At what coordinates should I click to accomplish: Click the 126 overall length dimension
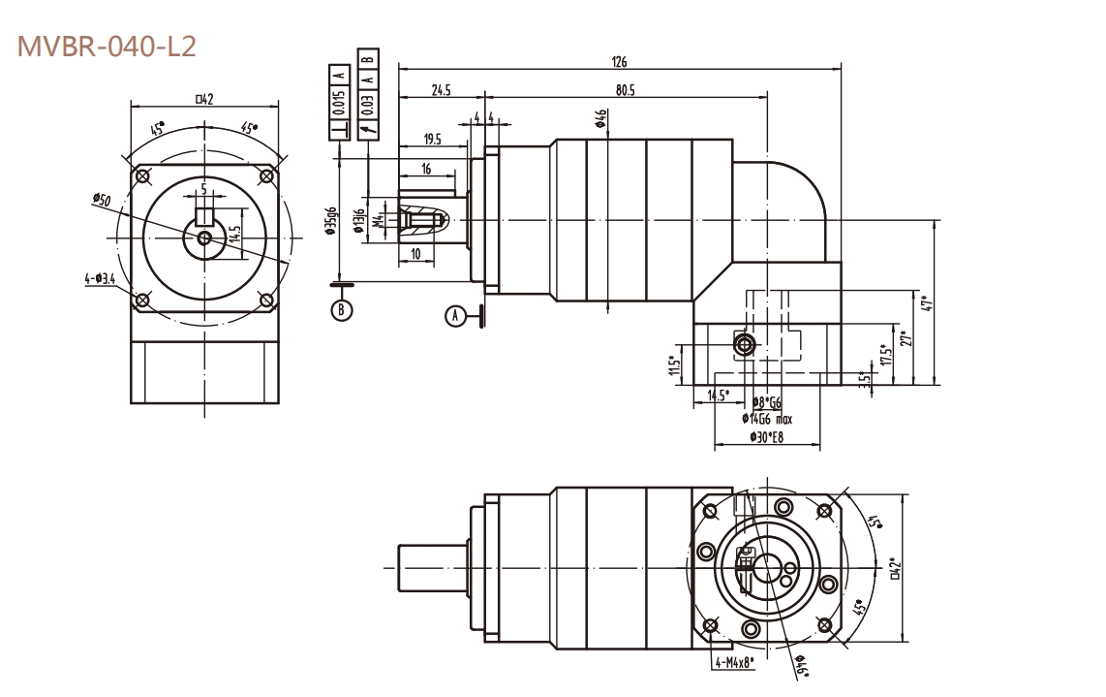619,62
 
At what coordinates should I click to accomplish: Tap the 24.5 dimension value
442,90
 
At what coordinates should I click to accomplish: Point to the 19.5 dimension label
433,140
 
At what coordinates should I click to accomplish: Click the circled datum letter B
341,310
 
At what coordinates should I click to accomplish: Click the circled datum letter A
455,315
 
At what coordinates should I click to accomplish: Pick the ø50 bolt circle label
102,200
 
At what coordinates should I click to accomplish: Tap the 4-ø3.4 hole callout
100,279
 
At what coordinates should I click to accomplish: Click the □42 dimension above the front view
204,97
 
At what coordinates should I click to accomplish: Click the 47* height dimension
927,302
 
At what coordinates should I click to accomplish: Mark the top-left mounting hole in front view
143,176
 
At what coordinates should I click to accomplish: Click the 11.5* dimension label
674,367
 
